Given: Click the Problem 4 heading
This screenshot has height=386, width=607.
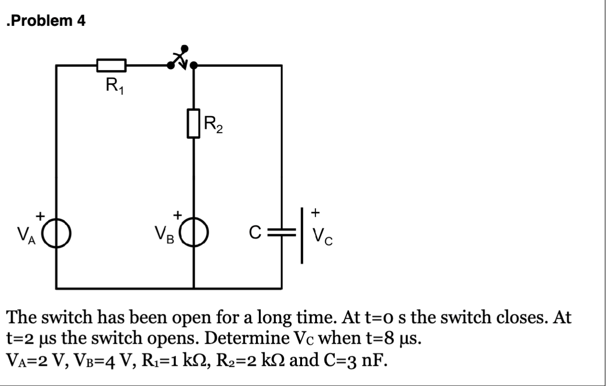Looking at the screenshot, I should [46, 22].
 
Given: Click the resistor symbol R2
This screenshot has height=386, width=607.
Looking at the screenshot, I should [193, 123].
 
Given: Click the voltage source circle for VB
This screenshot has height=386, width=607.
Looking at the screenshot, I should [194, 234].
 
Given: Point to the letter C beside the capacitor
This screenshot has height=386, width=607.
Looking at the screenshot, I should [256, 234].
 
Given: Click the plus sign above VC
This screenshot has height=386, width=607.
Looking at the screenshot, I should [315, 211].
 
